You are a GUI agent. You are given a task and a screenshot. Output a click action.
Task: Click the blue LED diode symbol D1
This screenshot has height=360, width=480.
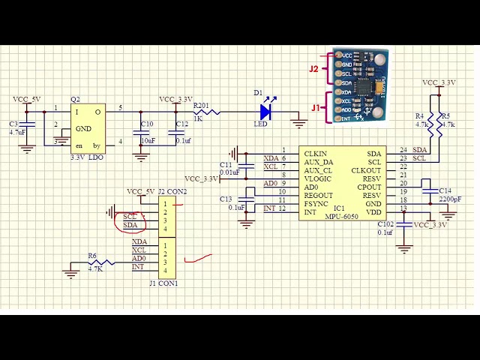[x=265, y=112]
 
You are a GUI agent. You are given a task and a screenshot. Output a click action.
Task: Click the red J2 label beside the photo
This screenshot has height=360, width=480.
[x=315, y=69]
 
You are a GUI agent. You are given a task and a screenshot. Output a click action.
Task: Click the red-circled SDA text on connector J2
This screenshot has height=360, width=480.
[x=130, y=225]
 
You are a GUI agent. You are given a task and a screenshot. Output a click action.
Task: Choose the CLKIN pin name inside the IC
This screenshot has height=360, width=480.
[x=316, y=153]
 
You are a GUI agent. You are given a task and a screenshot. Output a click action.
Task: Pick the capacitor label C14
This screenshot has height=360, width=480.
[x=445, y=191]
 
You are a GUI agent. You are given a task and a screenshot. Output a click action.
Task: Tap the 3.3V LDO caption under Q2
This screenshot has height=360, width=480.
[x=86, y=157]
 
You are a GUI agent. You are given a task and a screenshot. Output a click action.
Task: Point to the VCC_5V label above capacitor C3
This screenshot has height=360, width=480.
[x=28, y=99]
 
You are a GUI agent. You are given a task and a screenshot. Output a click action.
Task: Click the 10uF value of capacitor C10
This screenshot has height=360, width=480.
[x=148, y=140]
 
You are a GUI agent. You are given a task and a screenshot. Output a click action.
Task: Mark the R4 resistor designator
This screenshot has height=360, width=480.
[x=419, y=116]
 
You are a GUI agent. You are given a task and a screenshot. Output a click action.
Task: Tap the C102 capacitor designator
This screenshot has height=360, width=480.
[x=385, y=223]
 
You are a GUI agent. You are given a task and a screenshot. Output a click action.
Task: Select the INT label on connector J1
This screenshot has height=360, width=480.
[x=138, y=267]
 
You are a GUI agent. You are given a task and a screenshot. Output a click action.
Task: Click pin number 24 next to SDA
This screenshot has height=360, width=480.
[x=403, y=150]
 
